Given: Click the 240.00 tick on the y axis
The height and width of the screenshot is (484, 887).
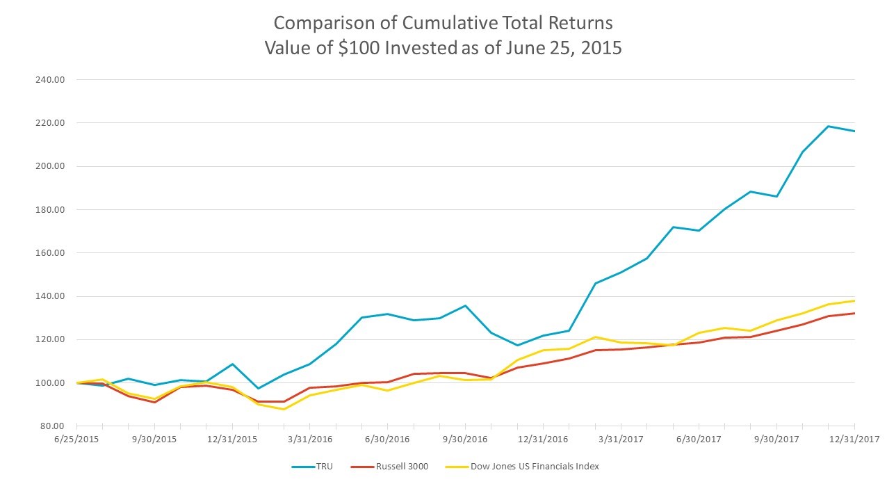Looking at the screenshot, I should [50, 79].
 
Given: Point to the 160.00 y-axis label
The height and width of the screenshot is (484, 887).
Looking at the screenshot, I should [50, 253].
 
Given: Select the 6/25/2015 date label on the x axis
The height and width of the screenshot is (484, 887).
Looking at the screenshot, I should [76, 439].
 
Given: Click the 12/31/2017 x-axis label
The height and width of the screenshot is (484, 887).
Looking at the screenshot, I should [854, 439].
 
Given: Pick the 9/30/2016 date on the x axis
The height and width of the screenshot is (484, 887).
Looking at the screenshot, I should [465, 439].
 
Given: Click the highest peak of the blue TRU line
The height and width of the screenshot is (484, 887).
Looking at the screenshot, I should [828, 127].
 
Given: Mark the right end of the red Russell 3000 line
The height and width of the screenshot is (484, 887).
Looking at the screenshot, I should [854, 313].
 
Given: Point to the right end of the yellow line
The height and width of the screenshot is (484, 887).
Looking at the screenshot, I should [854, 300].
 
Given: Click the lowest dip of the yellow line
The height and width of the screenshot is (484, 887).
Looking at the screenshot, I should [284, 409].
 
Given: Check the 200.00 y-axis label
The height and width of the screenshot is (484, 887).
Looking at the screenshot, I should [50, 166].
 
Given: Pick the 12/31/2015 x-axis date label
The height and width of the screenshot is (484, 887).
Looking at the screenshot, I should [232, 439].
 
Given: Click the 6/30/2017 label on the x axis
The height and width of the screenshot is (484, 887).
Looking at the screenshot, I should [699, 439].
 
